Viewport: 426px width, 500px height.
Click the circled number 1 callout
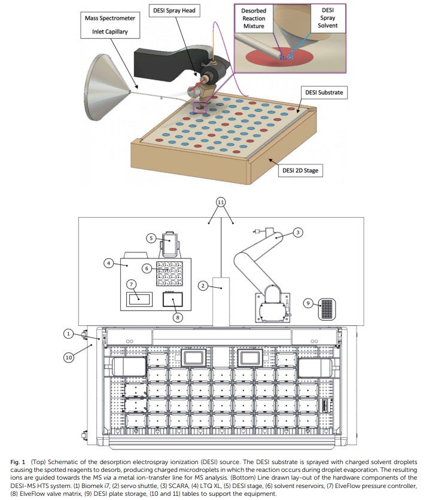click(70, 333)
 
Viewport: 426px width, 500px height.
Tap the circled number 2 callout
click(203, 286)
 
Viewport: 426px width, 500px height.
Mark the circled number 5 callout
click(152, 237)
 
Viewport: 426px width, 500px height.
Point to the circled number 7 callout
click(131, 284)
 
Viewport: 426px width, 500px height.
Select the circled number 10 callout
click(70, 358)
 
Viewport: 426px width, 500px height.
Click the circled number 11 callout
click(221, 202)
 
